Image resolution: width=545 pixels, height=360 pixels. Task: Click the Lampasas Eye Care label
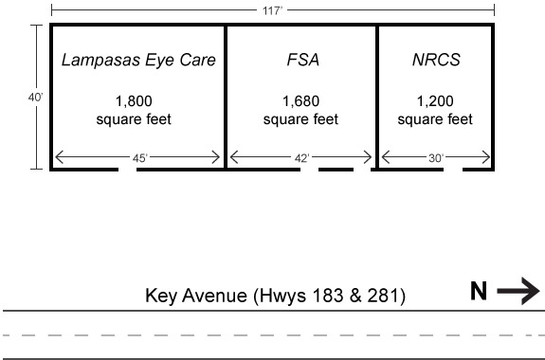click(x=138, y=61)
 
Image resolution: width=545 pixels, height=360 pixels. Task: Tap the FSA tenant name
click(x=301, y=61)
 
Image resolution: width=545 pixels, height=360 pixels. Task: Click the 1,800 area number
click(x=133, y=100)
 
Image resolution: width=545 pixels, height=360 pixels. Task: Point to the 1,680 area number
click(x=301, y=100)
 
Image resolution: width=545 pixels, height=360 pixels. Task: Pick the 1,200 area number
click(x=435, y=100)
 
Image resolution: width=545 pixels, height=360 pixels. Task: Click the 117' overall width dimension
click(x=273, y=9)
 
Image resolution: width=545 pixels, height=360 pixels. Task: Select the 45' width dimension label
click(x=139, y=158)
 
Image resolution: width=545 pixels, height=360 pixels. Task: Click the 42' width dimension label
click(x=301, y=158)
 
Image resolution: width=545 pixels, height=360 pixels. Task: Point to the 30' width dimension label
click(x=435, y=158)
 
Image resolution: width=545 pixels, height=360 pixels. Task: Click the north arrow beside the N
click(x=518, y=292)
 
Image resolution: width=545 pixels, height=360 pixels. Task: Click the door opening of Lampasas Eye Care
click(x=135, y=171)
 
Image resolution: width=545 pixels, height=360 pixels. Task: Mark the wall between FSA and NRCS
click(x=377, y=96)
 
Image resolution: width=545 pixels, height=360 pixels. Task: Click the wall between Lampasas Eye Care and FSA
click(x=226, y=96)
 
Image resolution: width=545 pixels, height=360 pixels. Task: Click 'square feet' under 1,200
click(x=435, y=119)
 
